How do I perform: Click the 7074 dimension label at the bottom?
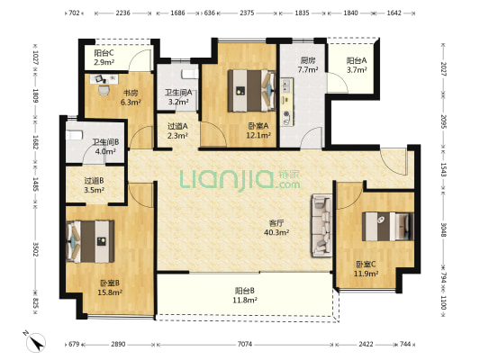(x=245, y=345)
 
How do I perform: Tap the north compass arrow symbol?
(x=35, y=342)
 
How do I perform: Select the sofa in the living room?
(x=322, y=225)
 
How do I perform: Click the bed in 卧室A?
(x=251, y=91)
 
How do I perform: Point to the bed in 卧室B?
(x=90, y=241)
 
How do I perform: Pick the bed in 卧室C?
(x=387, y=226)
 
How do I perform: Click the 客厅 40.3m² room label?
(x=276, y=228)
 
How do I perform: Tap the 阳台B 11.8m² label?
(x=245, y=295)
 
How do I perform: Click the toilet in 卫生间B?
(x=75, y=135)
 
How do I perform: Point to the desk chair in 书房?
(x=104, y=90)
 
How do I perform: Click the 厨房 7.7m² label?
(x=308, y=65)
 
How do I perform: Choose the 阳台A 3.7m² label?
(x=357, y=65)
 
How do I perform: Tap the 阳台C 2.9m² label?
(x=104, y=58)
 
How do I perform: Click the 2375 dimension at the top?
(x=247, y=13)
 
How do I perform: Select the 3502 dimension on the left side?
(x=35, y=249)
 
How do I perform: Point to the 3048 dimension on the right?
(x=443, y=229)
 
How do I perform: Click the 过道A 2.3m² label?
(x=177, y=130)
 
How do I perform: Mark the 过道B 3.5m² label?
(x=94, y=185)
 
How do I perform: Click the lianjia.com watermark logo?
(x=240, y=179)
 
